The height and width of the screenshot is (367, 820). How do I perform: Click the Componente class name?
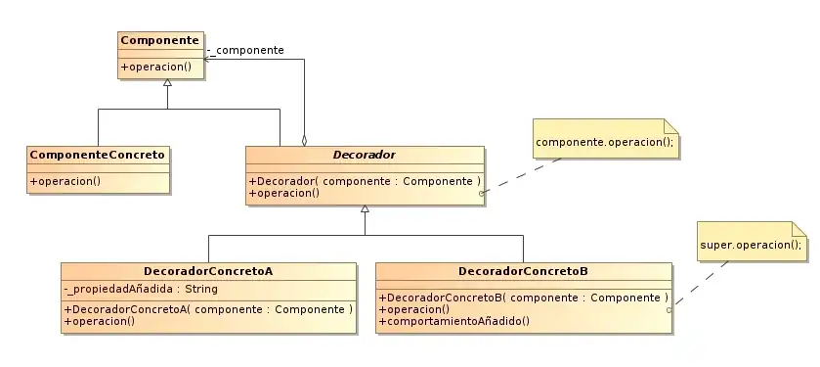click(x=159, y=40)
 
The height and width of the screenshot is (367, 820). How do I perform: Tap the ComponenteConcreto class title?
click(x=98, y=155)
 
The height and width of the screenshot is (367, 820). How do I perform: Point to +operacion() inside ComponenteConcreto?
click(x=65, y=181)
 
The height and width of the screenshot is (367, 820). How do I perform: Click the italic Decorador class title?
click(x=364, y=155)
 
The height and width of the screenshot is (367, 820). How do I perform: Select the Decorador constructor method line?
click(x=365, y=181)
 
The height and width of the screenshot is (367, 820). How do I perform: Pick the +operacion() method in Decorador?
click(x=284, y=193)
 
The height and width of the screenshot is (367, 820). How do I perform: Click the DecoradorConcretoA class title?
click(x=207, y=271)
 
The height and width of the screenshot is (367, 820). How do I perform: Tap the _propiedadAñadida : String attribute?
click(x=141, y=289)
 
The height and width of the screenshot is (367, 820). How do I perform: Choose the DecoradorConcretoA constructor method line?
click(x=208, y=309)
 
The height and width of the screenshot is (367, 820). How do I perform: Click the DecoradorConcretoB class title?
click(x=523, y=271)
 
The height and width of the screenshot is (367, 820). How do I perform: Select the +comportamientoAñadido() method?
click(x=453, y=321)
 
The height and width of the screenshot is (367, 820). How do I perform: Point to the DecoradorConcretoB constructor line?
click(x=523, y=298)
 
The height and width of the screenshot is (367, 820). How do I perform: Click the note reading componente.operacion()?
click(x=605, y=142)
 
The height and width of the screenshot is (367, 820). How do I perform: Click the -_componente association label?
click(x=246, y=50)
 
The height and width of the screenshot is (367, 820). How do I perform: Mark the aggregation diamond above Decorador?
click(x=304, y=139)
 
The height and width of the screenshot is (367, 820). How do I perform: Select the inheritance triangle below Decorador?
click(x=365, y=209)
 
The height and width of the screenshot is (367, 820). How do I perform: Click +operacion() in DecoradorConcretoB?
click(x=413, y=309)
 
